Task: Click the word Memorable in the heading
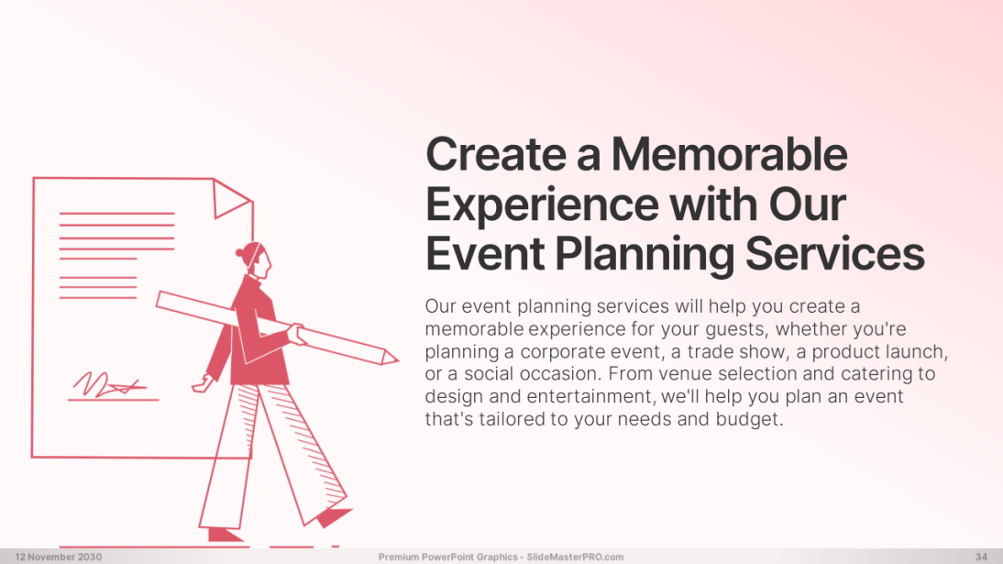click(729, 154)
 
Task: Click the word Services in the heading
click(835, 253)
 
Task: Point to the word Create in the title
click(496, 154)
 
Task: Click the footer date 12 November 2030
click(58, 557)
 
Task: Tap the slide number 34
click(981, 557)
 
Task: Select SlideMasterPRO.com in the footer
click(575, 557)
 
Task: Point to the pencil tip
click(398, 359)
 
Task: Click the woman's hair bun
click(240, 253)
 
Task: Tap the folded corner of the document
click(231, 198)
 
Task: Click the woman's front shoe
click(334, 516)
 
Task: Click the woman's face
click(263, 262)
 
